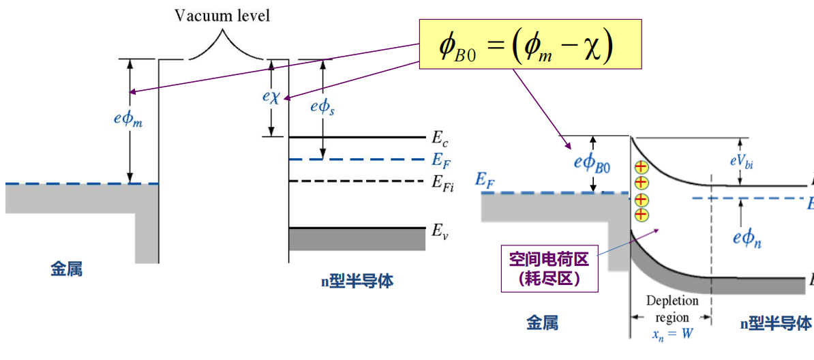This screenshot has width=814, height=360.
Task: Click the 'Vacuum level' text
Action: (222, 16)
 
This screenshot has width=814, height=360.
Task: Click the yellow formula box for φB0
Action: (530, 44)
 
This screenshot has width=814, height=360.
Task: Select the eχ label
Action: (271, 97)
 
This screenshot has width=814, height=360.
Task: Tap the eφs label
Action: (322, 106)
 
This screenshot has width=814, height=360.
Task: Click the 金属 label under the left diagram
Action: (67, 269)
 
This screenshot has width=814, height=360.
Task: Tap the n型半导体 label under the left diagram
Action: (357, 281)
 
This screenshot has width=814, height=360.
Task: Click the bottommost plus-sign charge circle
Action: (641, 215)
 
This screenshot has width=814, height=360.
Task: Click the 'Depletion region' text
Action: (672, 309)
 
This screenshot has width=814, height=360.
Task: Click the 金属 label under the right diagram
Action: (543, 323)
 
